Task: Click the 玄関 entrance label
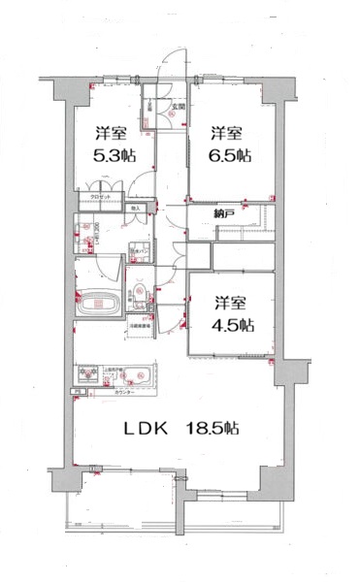179,108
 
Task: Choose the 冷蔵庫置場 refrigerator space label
143,328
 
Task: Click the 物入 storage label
137,208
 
